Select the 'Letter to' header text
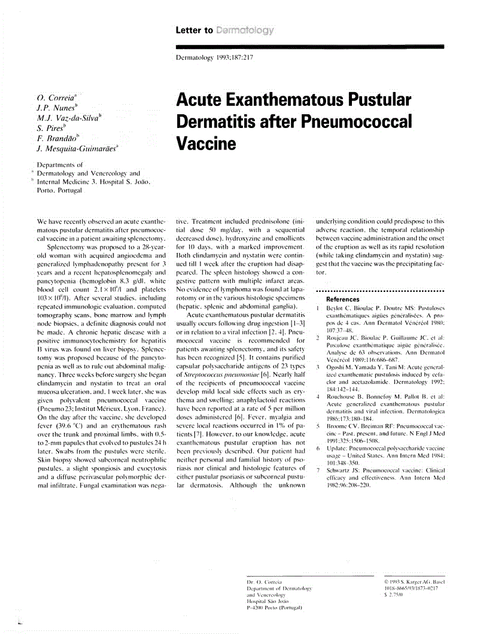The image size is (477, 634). pos(195,30)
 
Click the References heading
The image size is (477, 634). pos(342,299)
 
